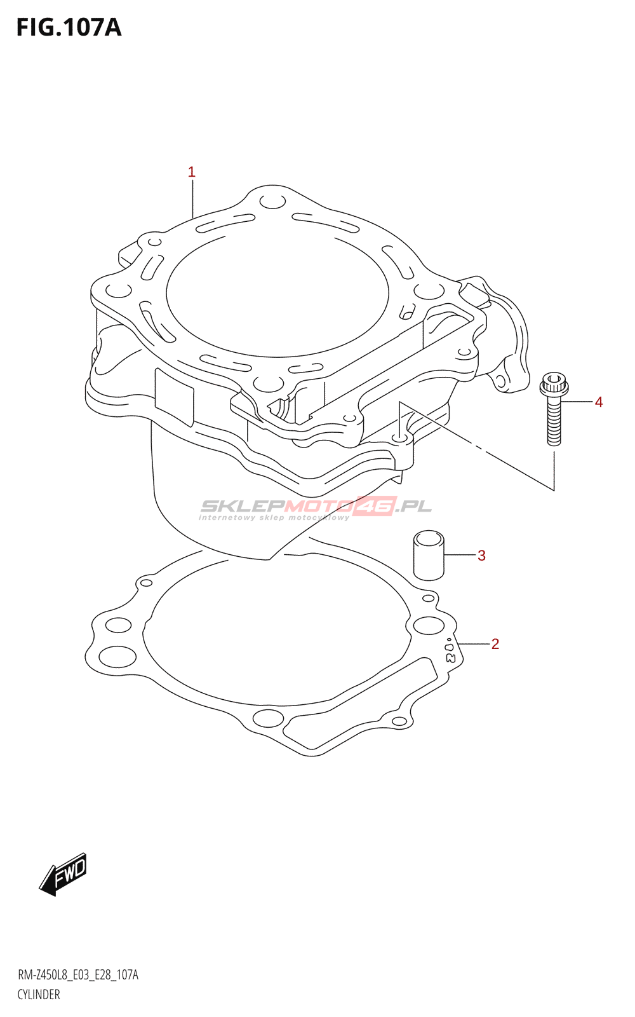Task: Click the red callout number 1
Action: pos(191,172)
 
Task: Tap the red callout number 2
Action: pos(495,644)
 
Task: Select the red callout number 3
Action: pos(481,556)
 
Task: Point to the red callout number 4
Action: pos(599,402)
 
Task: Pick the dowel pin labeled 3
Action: pos(428,556)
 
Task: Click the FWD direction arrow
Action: pos(63,875)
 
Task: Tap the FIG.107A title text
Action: pos(69,28)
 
